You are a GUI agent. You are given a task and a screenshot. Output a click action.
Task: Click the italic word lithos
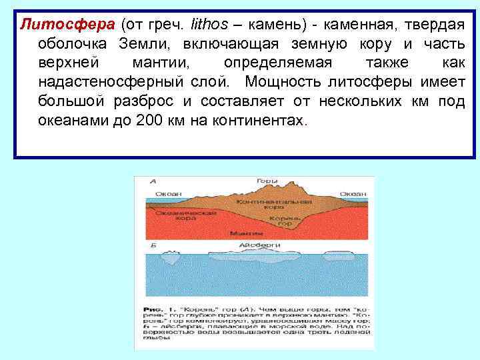pyautogui.click(x=209, y=25)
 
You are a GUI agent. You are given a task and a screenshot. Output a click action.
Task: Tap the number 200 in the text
pyautogui.click(x=148, y=122)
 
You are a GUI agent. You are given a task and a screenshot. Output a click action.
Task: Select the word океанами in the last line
pyautogui.click(x=71, y=122)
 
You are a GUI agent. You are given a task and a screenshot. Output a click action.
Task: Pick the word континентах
pyautogui.click(x=263, y=122)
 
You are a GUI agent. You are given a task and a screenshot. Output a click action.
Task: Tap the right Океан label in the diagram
pyautogui.click(x=351, y=193)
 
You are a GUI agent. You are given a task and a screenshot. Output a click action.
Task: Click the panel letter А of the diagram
pyautogui.click(x=153, y=181)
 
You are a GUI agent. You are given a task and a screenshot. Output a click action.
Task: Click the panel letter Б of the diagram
pyautogui.click(x=153, y=245)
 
